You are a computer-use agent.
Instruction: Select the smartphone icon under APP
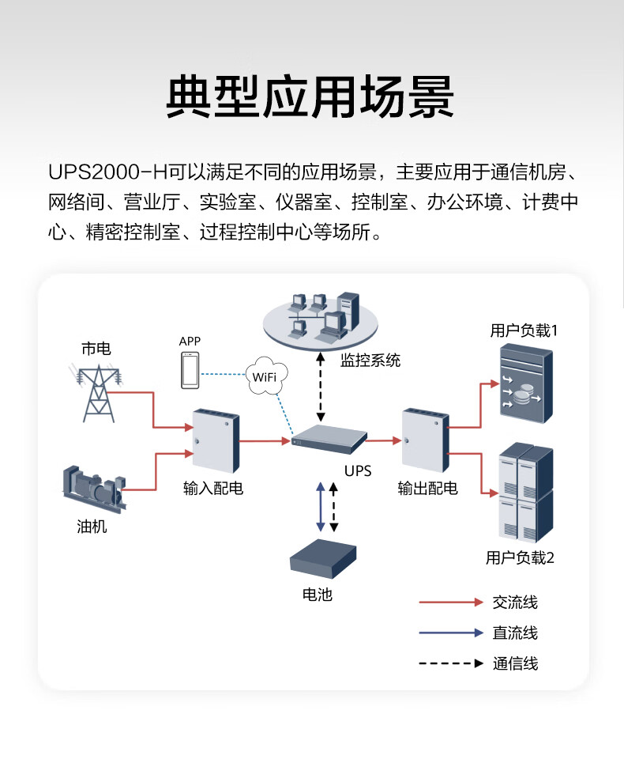pyautogui.click(x=190, y=371)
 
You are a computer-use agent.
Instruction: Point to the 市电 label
pyautogui.click(x=96, y=348)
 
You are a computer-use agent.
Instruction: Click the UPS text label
pyautogui.click(x=357, y=471)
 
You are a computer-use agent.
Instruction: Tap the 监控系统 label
pyautogui.click(x=370, y=361)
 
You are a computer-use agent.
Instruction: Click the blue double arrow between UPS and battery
pyautogui.click(x=319, y=507)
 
